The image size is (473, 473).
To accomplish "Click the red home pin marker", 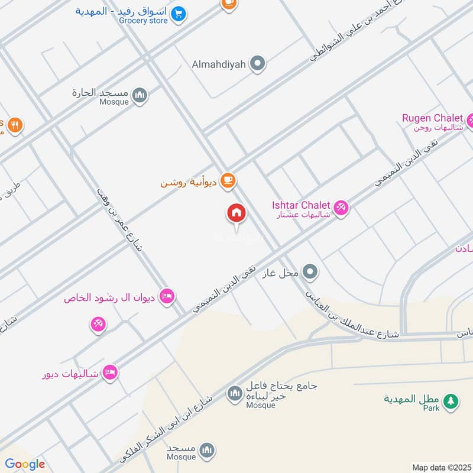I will [x=237, y=213].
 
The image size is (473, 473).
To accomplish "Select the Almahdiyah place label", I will [x=219, y=64].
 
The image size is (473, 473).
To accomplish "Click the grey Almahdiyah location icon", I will [x=257, y=63].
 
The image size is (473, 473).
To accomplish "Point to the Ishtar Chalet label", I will [x=300, y=205].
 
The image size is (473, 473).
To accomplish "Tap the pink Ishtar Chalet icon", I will [x=341, y=208].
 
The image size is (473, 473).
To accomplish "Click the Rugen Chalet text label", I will [x=432, y=118].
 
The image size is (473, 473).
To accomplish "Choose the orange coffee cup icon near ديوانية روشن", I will [x=228, y=180].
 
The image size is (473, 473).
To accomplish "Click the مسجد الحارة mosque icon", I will [x=140, y=95].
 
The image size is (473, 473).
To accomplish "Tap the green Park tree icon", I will [x=451, y=401].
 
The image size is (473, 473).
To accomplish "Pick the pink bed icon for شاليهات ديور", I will [x=109, y=372].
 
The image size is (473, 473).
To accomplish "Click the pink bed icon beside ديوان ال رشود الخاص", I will [x=167, y=297].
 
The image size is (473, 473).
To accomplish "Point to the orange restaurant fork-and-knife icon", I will [x=16, y=125].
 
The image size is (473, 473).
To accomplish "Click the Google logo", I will [x=25, y=464].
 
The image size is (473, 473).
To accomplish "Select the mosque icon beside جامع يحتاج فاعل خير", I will [x=235, y=393].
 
